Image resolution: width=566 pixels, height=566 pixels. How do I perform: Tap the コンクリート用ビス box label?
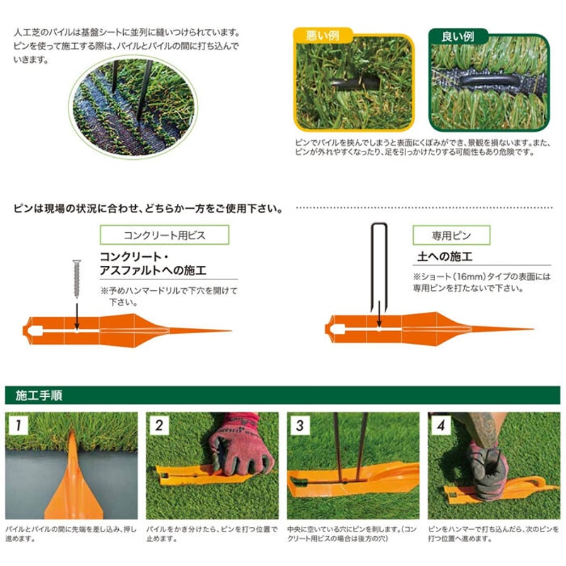point(164,235)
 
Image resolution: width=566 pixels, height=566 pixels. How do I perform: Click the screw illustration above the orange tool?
point(76,279)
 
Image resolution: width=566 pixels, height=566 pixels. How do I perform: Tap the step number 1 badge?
point(16,425)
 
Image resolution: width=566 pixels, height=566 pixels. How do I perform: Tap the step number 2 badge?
point(158,425)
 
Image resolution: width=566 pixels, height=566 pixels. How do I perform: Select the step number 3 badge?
point(299,425)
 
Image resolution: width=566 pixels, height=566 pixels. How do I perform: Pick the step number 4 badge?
point(440,425)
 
